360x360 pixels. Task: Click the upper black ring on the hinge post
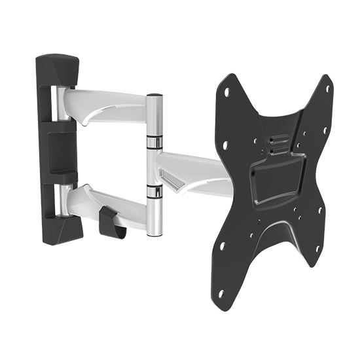coord(154,142)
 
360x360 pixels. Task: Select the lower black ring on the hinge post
coord(154,190)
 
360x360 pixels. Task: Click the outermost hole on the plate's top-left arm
coord(226,92)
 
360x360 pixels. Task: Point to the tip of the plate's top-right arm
coord(327,80)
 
